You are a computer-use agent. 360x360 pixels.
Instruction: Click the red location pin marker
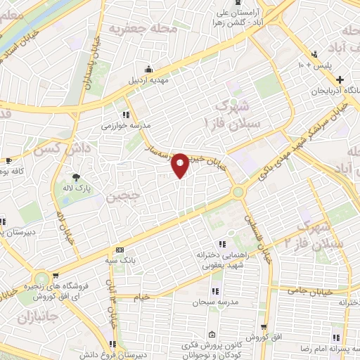[180, 165]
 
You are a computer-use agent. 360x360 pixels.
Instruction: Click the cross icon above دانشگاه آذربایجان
[340, 79]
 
